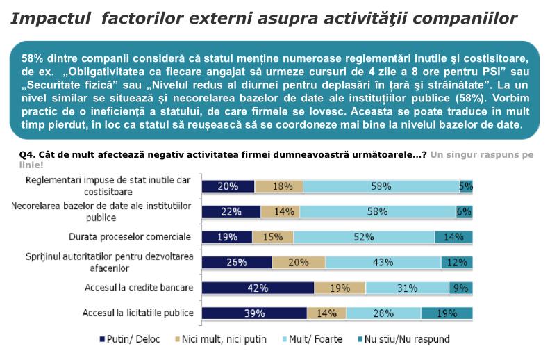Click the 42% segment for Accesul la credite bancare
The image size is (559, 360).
tap(258, 288)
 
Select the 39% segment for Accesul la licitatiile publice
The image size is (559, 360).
tap(254, 313)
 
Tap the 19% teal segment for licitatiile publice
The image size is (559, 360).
tap(447, 313)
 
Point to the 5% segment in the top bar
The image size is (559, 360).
tap(466, 186)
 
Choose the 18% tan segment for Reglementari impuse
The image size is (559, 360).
tap(279, 186)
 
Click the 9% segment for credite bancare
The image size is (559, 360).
tap(461, 288)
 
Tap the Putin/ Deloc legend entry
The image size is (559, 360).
tap(133, 340)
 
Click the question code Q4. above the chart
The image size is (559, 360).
tap(29, 154)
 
